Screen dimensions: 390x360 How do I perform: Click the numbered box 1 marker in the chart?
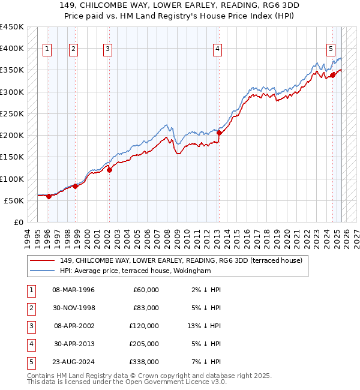[47, 49]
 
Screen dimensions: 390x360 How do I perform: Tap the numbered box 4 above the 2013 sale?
[217, 49]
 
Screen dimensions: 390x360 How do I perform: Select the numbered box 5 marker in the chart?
[331, 49]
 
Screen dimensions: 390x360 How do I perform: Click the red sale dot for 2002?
[110, 170]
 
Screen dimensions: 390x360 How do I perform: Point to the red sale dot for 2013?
[220, 133]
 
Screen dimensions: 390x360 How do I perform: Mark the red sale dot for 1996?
[49, 196]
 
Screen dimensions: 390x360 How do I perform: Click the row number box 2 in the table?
[31, 308]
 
